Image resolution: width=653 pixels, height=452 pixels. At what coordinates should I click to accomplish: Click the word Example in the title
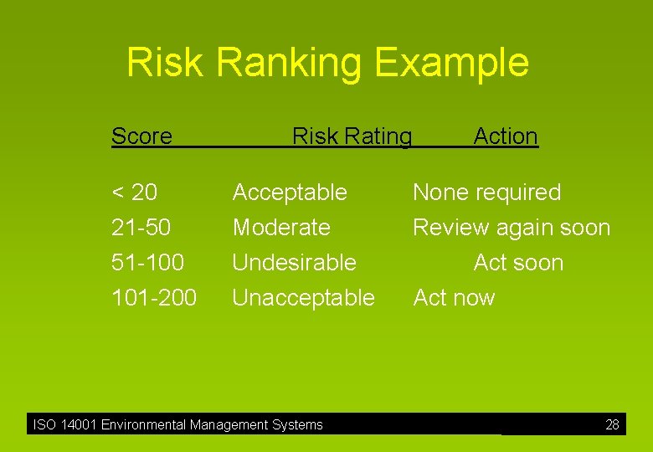point(452,64)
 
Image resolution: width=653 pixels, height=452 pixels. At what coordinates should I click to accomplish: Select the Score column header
point(141,136)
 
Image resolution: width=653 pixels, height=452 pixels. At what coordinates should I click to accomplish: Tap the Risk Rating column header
point(352,136)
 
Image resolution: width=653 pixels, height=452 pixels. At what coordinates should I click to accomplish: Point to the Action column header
point(506,136)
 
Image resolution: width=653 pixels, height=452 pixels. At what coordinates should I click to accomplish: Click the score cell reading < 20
point(134,193)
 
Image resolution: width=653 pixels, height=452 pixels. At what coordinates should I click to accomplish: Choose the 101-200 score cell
point(154,298)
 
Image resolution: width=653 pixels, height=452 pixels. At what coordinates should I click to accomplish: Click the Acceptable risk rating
point(290,193)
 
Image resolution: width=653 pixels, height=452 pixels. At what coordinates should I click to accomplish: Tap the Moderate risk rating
point(281,228)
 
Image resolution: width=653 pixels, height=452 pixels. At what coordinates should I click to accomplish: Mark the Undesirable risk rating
point(294,263)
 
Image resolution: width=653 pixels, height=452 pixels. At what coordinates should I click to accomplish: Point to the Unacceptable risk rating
point(303,298)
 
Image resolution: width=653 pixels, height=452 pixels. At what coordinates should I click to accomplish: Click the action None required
point(486,193)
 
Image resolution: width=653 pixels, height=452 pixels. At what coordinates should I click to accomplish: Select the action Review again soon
point(512,228)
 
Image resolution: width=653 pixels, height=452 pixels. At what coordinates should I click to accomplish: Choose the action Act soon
point(518,263)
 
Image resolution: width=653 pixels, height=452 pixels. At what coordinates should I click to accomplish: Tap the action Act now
point(454,298)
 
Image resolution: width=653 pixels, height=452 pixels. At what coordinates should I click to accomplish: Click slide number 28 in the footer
point(612,425)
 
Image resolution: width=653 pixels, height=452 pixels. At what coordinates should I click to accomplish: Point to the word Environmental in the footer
point(143,425)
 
